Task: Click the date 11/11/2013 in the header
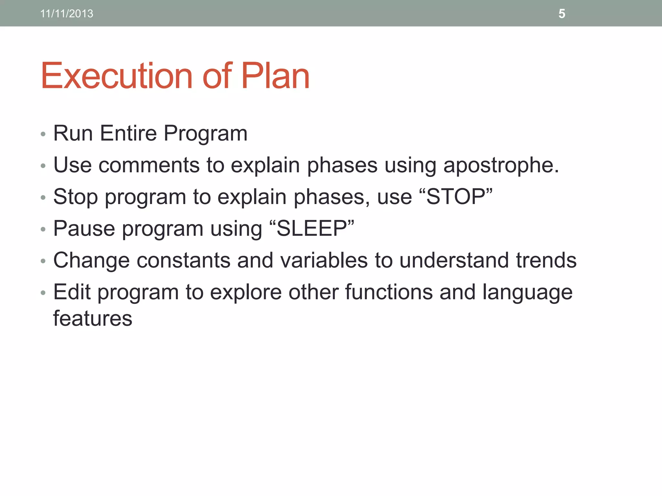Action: (67, 14)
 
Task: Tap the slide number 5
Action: (562, 14)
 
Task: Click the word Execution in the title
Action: (117, 76)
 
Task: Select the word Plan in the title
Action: (275, 76)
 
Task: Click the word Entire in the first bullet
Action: (128, 133)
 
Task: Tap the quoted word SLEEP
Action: (312, 228)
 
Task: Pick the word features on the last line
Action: (92, 318)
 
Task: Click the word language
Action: (527, 292)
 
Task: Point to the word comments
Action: (149, 165)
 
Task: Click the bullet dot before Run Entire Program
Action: (43, 134)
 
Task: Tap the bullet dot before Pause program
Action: (43, 229)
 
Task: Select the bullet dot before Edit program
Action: (43, 293)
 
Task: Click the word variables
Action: (324, 260)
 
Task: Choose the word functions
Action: (389, 292)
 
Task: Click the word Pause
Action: (84, 228)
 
